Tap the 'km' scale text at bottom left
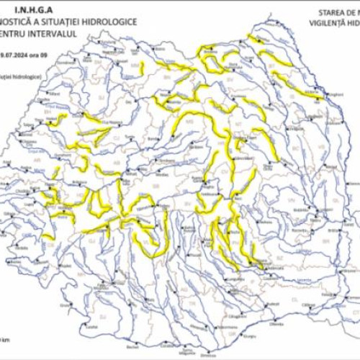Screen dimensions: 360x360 [6, 338]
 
